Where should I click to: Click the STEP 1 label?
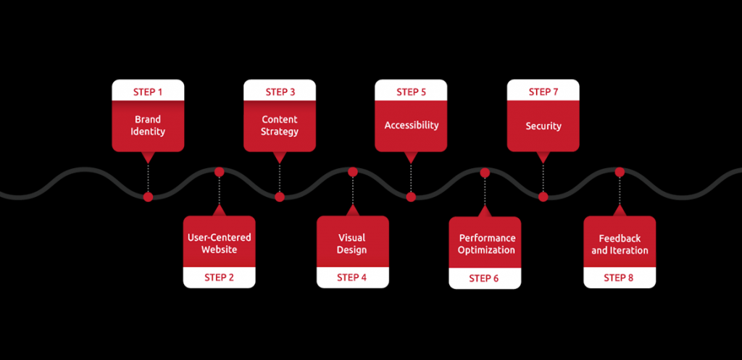148,92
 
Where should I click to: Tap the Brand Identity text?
148,125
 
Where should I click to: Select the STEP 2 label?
219,277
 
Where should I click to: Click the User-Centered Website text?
219,243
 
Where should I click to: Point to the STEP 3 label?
280,92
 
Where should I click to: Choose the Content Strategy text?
280,125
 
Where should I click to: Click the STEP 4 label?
352,277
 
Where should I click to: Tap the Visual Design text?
352,243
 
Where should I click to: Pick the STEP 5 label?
411,92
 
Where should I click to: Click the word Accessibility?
411,125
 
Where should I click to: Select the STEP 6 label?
484,278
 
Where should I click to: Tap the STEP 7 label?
543,92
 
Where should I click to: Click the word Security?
543,126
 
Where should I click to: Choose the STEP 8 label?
619,277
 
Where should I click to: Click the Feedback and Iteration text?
620,244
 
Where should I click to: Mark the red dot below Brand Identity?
148,197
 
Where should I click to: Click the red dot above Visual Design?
353,172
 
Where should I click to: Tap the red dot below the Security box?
543,197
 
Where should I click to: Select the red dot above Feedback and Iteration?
620,172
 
